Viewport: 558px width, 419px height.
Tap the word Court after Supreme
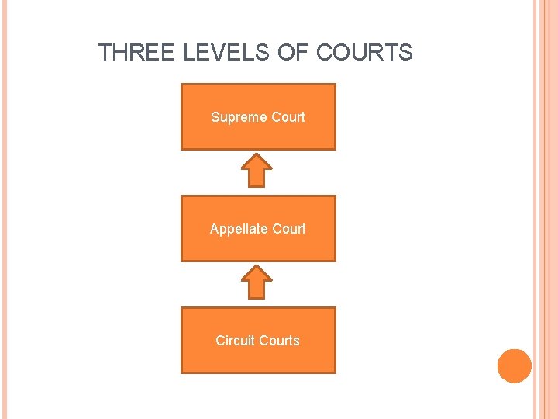(x=288, y=117)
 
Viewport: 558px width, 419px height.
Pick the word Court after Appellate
(x=288, y=229)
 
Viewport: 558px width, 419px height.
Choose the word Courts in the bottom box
(x=281, y=341)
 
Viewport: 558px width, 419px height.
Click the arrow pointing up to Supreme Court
(x=258, y=170)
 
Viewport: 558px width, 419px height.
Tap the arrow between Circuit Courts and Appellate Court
(x=258, y=282)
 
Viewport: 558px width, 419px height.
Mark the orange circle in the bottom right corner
(x=515, y=365)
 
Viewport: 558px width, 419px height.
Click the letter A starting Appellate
(x=214, y=229)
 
